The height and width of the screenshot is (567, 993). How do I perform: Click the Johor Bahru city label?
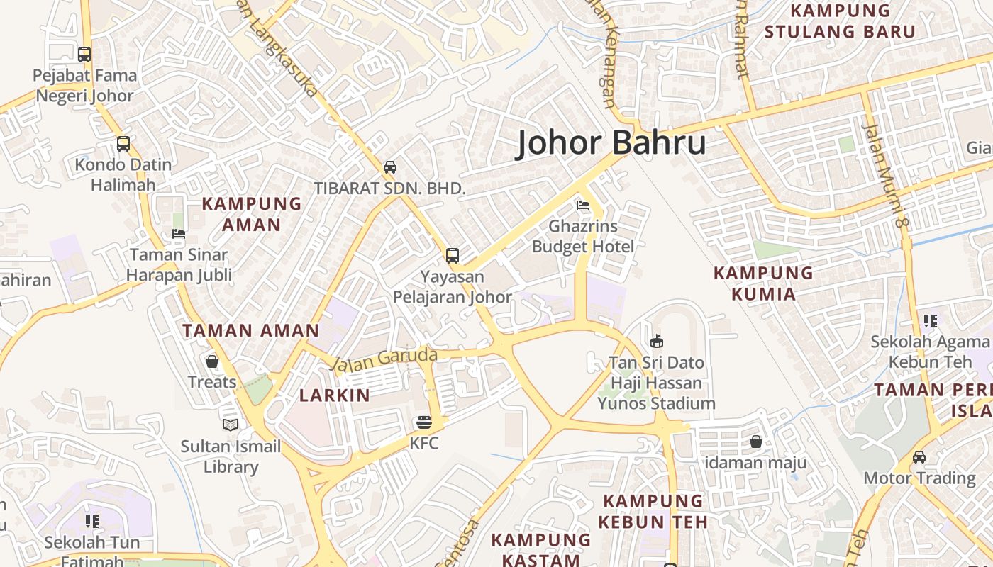611,142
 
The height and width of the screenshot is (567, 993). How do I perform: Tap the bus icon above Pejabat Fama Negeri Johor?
84,54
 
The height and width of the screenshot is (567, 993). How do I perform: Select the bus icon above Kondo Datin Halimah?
123,144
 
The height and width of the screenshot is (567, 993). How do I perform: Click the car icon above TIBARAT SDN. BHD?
389,167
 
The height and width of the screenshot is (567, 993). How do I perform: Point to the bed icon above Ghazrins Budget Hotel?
583,206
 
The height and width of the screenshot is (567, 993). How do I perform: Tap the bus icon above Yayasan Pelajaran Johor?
452,256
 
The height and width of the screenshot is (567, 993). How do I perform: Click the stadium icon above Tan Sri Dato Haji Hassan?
657,342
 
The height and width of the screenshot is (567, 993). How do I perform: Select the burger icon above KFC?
424,423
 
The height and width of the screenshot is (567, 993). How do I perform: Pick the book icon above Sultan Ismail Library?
231,425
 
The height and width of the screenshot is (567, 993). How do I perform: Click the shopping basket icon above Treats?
211,361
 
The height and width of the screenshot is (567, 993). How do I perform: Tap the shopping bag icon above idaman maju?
755,442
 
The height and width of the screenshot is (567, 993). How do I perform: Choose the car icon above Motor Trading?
919,457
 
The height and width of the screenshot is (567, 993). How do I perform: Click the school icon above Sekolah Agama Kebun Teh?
930,321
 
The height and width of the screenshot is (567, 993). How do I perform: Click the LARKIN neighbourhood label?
335,395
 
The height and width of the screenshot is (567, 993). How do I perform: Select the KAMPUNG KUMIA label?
763,283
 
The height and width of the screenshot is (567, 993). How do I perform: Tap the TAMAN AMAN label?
251,330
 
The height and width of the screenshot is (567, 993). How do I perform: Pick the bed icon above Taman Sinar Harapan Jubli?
179,234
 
